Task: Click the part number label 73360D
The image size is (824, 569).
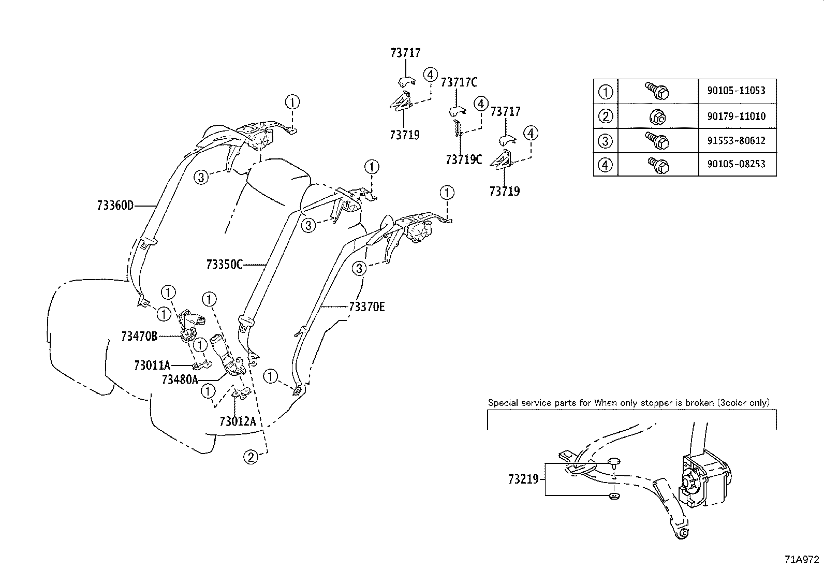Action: pos(115,206)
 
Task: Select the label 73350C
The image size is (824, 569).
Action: pos(224,265)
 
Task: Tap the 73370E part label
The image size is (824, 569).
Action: pos(367,307)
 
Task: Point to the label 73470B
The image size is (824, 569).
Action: pos(139,336)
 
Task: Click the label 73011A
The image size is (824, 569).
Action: pos(152,366)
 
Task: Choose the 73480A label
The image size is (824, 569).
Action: pos(180,380)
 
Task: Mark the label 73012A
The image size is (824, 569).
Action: pos(238,421)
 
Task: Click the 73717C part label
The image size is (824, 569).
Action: pos(459,82)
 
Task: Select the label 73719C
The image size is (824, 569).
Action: pos(463,159)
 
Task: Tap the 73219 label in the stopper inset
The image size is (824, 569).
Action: pos(523,479)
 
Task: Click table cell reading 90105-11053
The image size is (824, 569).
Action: pos(735,91)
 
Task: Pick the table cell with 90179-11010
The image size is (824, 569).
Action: pos(735,116)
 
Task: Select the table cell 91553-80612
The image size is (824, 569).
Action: pos(735,140)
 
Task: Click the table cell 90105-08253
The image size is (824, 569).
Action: pos(735,164)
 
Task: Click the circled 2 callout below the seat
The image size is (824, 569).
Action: pos(251,457)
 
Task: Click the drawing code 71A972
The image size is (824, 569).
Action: pos(802,560)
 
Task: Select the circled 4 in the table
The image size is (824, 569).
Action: pos(605,165)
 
